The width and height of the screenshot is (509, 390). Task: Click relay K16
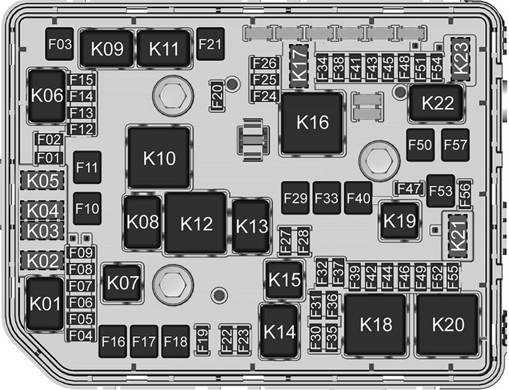click(x=313, y=123)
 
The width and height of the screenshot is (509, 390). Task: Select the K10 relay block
click(x=159, y=157)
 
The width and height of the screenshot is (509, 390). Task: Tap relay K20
click(x=448, y=325)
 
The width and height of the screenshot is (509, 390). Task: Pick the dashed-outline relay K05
click(x=44, y=181)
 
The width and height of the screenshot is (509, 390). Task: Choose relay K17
click(x=300, y=66)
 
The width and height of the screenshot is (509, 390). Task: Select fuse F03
click(x=59, y=44)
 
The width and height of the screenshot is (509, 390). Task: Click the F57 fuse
click(x=455, y=145)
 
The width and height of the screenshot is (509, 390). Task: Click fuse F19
click(x=202, y=340)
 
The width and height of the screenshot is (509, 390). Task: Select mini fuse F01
click(x=50, y=157)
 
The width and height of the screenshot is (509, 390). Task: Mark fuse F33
click(x=326, y=199)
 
